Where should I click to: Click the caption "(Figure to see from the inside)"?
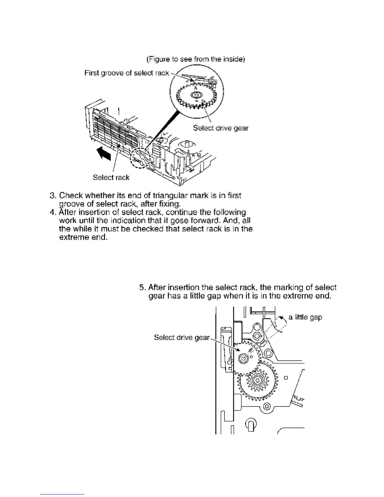[x=195, y=59]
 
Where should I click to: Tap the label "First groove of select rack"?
[x=126, y=73]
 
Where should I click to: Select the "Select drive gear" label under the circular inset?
[x=221, y=128]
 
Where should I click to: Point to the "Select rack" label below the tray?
[x=111, y=178]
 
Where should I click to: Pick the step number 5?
[x=143, y=287]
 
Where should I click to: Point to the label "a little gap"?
[x=305, y=317]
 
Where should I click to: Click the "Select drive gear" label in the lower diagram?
[x=182, y=338]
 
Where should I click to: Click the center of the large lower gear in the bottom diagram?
[x=258, y=380]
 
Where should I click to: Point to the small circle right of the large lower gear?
[x=286, y=378]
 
